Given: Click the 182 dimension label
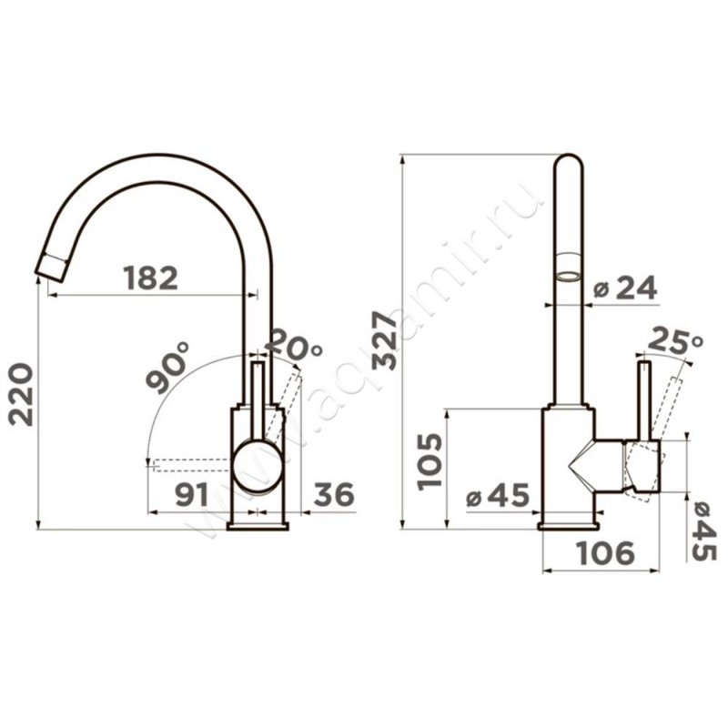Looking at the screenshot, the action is (151, 278).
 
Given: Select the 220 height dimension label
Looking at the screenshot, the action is (21, 395).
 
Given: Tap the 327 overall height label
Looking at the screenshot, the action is (384, 340).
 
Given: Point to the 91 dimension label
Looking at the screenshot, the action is (192, 494).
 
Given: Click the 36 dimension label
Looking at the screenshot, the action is (334, 494).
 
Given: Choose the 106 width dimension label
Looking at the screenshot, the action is (605, 553).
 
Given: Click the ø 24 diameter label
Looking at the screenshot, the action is (626, 288).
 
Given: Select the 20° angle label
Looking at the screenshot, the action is (296, 344).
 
